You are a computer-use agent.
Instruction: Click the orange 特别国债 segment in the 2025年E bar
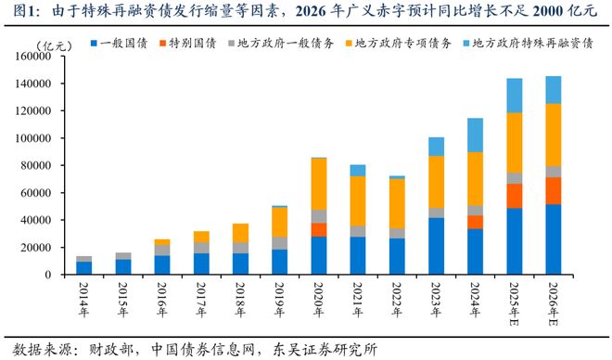(514, 196)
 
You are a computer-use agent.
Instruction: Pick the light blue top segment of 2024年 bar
(475, 135)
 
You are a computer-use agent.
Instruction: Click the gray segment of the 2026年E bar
(553, 172)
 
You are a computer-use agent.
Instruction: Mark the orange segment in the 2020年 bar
(319, 229)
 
